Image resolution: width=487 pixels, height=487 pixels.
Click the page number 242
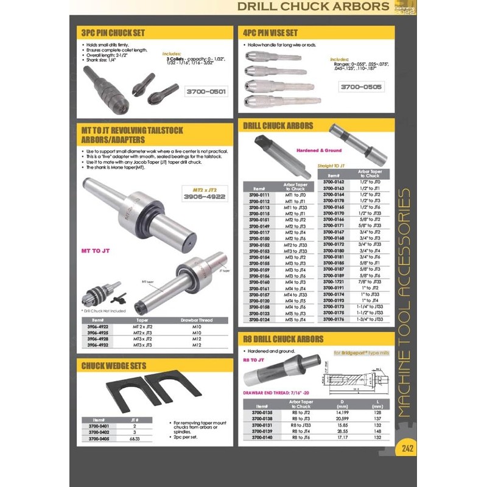(x=407, y=449)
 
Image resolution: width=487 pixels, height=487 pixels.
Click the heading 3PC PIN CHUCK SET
(x=113, y=33)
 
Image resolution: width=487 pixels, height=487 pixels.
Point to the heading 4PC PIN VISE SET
(x=270, y=33)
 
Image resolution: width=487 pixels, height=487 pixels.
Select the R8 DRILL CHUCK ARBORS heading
(x=283, y=338)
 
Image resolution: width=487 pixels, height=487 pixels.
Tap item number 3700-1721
(x=333, y=282)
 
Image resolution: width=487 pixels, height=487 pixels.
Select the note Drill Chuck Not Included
(x=108, y=310)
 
